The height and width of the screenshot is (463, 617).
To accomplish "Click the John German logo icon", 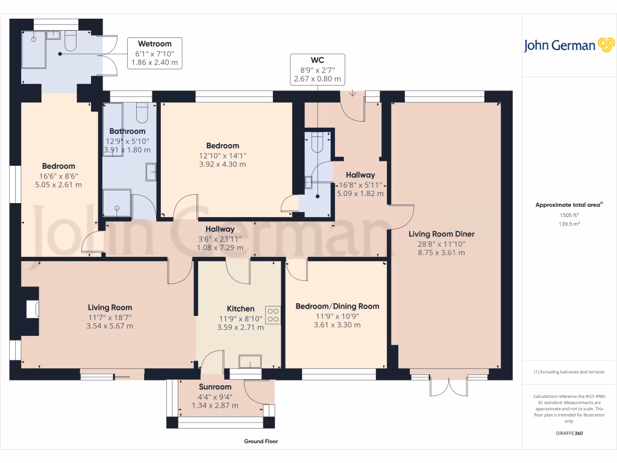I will coord(605,45).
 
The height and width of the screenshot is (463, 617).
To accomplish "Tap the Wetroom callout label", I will coord(155,53).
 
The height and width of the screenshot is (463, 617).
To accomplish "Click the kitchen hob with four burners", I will coord(273,315).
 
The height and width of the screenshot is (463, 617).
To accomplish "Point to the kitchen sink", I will coord(249,361).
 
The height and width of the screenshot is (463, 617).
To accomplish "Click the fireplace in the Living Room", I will coord(32,309).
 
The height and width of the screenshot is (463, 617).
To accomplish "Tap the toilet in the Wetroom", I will coord(69,41).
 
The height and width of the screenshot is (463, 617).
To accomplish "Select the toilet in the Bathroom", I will coord(142,113).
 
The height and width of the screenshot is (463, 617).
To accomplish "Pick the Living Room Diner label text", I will coord(441,234).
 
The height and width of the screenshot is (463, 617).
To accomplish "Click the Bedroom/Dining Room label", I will coord(337,306).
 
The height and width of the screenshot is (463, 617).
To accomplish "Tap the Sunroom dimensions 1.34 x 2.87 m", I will coord(215,406).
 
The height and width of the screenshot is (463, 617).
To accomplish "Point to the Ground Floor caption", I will coord(260,441).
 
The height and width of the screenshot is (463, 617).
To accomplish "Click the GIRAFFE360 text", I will coord(569,433).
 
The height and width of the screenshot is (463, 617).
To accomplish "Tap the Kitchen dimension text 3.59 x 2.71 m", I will coord(240,327).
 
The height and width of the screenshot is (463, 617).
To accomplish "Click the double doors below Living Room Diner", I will coord(448,386).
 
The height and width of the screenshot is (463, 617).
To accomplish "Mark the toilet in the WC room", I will coord(318,143).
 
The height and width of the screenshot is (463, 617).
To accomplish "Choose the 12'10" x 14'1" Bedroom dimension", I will coord(222,155).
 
